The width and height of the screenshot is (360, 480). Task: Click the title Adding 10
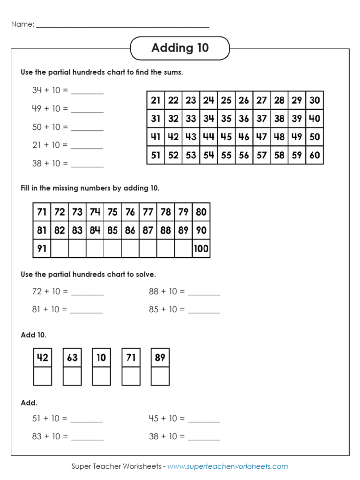tap(180, 48)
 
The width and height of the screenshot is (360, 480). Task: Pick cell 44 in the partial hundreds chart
tap(209, 137)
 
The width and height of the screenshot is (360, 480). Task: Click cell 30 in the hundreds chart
tap(315, 100)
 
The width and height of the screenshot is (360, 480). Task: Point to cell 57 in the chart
tap(262, 155)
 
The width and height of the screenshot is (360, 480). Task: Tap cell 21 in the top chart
tap(156, 100)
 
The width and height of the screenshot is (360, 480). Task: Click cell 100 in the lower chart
tap(201, 248)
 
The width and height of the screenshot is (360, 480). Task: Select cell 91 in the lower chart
tap(42, 248)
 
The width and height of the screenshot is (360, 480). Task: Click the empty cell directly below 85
tap(112, 248)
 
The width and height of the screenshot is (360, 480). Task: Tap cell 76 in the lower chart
tap(130, 212)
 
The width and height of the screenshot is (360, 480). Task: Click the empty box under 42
tap(43, 376)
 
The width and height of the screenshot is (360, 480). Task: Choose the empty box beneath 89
tap(160, 376)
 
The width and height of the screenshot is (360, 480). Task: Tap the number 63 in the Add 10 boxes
tap(72, 358)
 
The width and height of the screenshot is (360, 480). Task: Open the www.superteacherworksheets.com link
tap(227, 466)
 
